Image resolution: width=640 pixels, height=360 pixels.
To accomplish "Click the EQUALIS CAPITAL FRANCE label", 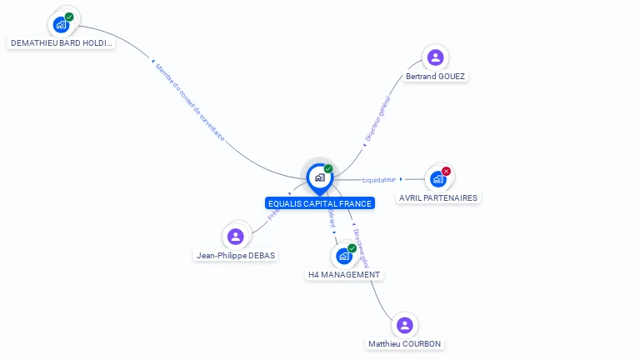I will [x=319, y=203].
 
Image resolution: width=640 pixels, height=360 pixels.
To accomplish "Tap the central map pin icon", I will [x=319, y=177].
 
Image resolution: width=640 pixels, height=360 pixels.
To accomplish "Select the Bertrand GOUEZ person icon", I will [x=435, y=57].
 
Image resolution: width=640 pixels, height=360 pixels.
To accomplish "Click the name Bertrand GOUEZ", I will [x=435, y=77].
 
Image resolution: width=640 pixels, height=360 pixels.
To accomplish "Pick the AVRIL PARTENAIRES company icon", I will [x=437, y=179].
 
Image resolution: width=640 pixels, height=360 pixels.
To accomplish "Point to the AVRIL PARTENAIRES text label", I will [x=438, y=198].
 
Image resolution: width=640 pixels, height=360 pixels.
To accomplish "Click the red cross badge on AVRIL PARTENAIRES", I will [x=446, y=172].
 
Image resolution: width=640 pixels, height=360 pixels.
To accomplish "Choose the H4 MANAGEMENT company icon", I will [x=343, y=256].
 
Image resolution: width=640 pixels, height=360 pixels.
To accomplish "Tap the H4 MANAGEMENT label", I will [x=344, y=275].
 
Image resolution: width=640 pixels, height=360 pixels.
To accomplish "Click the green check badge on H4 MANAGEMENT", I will [x=352, y=248].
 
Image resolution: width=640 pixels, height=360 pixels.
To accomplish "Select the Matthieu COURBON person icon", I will [x=404, y=325].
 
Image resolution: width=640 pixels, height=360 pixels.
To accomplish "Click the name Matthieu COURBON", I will [x=404, y=344].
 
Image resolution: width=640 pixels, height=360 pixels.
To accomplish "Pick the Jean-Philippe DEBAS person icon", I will [x=236, y=237].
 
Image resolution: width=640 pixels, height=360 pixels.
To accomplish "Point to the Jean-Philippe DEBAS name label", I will [x=235, y=256].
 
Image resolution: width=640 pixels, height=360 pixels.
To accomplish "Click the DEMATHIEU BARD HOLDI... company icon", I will [x=61, y=24].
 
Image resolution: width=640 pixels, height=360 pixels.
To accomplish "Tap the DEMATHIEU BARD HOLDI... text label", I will [x=61, y=43].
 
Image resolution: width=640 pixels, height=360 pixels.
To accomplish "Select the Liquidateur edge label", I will [x=379, y=179].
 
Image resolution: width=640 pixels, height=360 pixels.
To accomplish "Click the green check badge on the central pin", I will [x=328, y=169].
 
